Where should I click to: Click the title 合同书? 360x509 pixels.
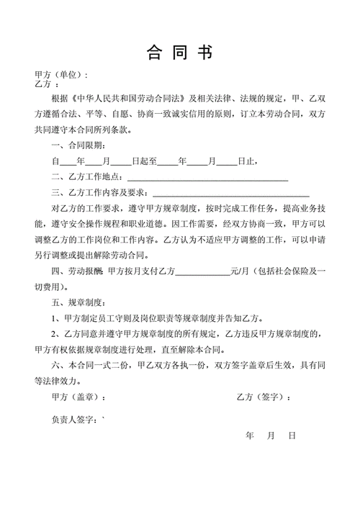pos(180,52)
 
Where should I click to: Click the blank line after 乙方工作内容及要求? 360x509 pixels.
pos(231,193)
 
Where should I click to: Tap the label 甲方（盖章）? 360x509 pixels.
pos(78,397)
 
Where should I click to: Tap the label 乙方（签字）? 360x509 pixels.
pos(263,397)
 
